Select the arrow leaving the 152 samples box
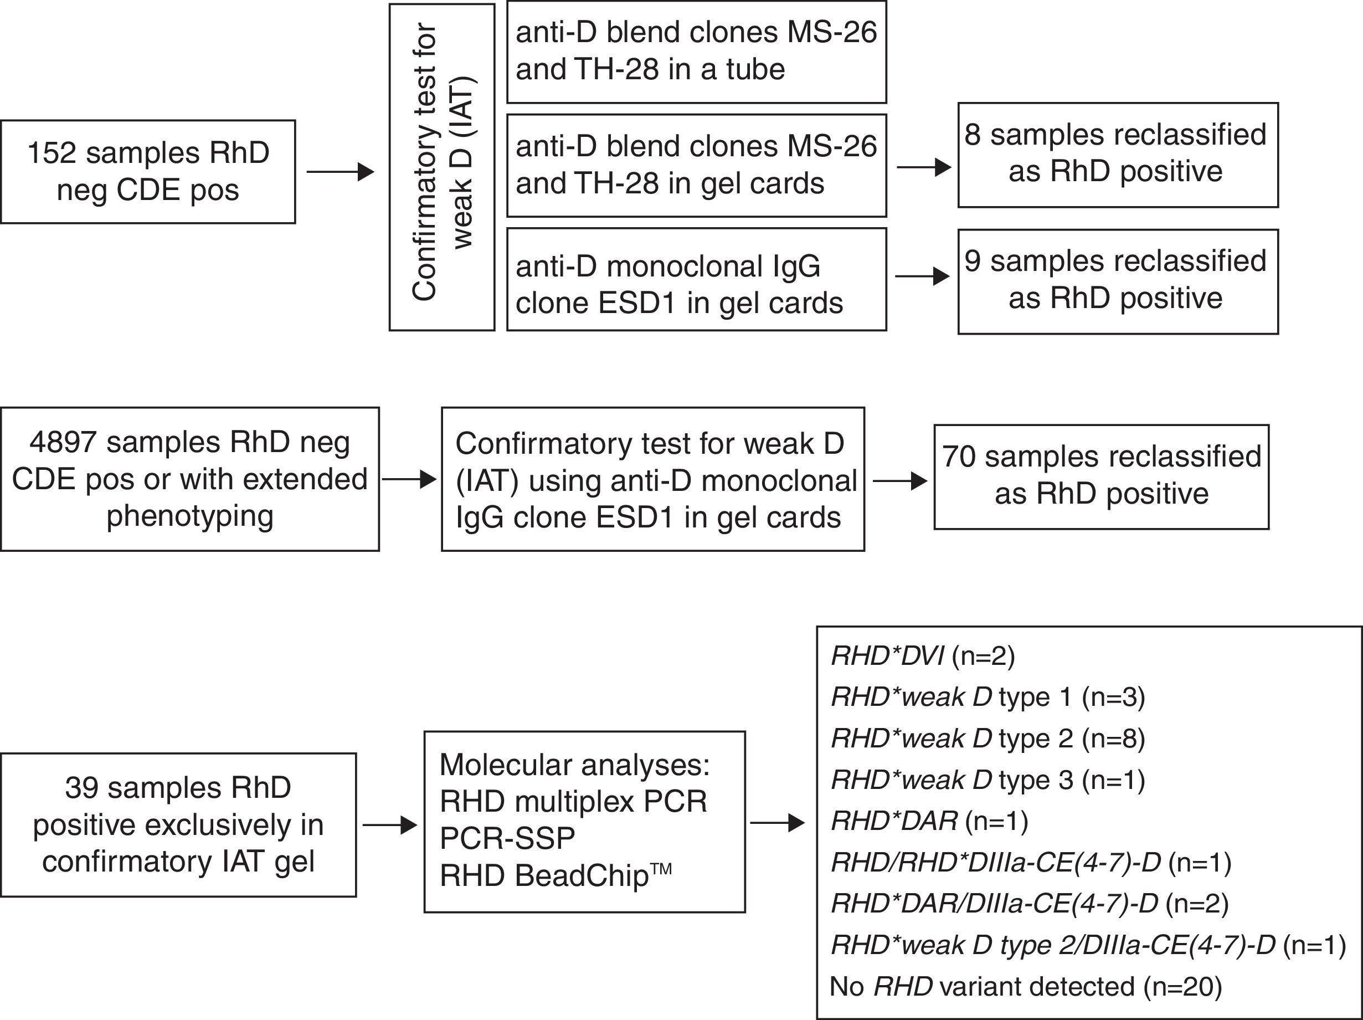[340, 172]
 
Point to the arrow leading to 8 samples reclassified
[924, 167]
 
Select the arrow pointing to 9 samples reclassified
[922, 276]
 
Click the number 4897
[62, 443]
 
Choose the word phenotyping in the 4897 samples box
[190, 515]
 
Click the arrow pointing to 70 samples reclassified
[899, 481]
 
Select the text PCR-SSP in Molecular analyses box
[507, 838]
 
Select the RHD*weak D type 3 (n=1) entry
[987, 780]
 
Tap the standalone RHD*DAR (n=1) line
[929, 821]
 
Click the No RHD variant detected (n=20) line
[1025, 987]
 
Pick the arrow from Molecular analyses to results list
[777, 823]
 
